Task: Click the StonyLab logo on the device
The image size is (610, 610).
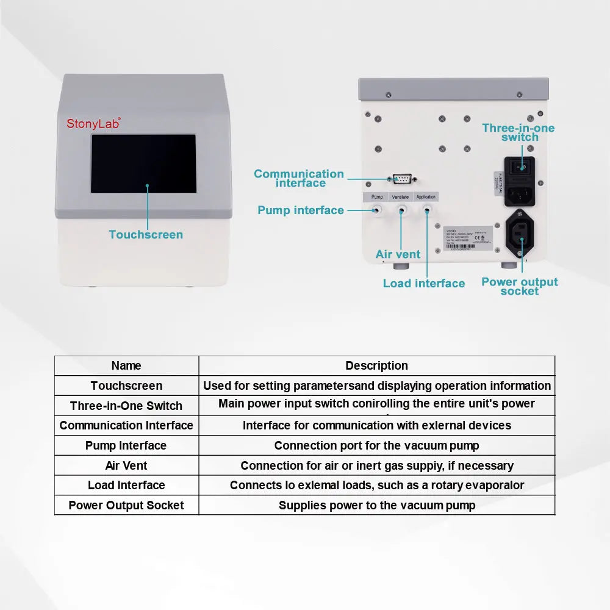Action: [x=93, y=123]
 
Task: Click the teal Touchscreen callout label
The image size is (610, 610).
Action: [x=146, y=234]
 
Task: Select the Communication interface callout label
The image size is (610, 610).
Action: [x=299, y=178]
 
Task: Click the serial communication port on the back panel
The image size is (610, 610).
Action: [x=401, y=179]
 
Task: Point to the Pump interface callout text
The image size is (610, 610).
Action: [x=300, y=210]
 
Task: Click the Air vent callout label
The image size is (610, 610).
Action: [x=398, y=254]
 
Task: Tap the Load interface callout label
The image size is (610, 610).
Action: [x=423, y=283]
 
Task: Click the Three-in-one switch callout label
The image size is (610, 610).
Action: [x=518, y=132]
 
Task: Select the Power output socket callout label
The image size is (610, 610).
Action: [x=519, y=286]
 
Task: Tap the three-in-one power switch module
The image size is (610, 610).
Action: [x=519, y=182]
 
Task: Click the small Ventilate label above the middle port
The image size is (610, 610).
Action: [x=400, y=196]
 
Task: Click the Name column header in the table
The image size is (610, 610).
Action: [x=126, y=365]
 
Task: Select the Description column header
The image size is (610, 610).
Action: [x=376, y=365]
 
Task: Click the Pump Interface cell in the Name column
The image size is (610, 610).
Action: [x=126, y=445]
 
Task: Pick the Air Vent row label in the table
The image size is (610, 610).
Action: [x=126, y=465]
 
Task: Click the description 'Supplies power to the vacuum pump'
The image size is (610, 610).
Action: [x=376, y=505]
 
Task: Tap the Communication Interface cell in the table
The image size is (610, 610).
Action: [x=126, y=425]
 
